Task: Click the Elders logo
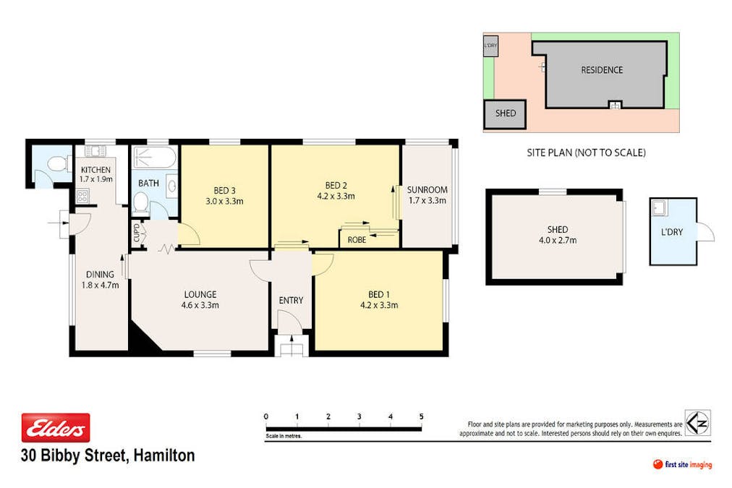[x=56, y=428]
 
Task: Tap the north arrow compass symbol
[x=697, y=423]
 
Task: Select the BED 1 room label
[x=378, y=294]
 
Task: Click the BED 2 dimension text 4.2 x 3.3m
[x=336, y=195]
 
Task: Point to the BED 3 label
[x=225, y=190]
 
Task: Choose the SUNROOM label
[x=427, y=190]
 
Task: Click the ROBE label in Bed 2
[x=357, y=239]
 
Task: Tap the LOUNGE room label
[x=200, y=294]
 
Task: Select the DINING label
[x=101, y=274]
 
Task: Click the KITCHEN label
[x=95, y=170]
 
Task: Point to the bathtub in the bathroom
[x=154, y=158]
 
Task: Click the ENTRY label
[x=291, y=301]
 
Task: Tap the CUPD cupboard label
[x=136, y=234]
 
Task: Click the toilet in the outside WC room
[x=54, y=166]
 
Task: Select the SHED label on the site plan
[x=506, y=114]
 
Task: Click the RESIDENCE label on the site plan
[x=602, y=70]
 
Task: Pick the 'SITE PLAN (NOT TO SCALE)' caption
[x=586, y=153]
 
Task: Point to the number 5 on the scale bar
[x=421, y=416]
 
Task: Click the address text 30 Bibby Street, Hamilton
[x=108, y=455]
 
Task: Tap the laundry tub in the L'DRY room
[x=660, y=209]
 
